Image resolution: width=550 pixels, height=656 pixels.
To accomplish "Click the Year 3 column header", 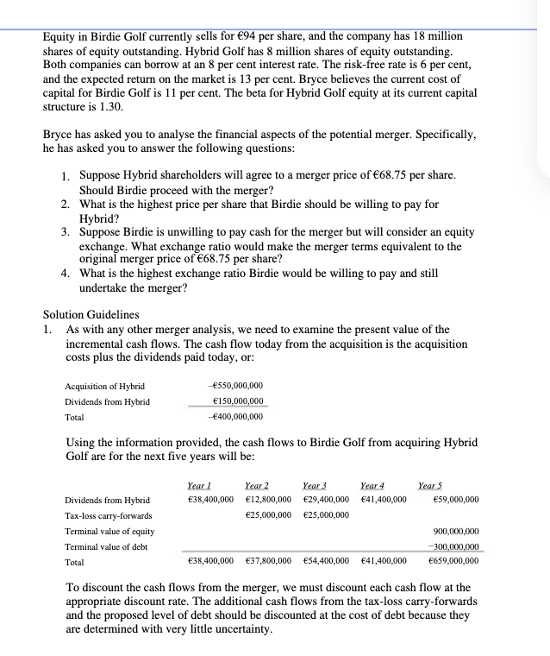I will [x=316, y=485].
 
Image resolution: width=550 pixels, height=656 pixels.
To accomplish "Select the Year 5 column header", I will [x=430, y=485].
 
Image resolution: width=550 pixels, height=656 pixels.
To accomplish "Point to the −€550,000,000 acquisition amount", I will [x=236, y=385].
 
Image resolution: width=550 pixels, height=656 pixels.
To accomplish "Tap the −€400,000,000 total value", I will [x=236, y=418].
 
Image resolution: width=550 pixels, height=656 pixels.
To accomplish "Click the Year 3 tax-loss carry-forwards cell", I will [x=325, y=515].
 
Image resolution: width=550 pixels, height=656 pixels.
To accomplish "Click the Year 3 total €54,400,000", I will [x=325, y=560].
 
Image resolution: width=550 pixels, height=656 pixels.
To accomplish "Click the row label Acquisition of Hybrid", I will [x=105, y=385].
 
